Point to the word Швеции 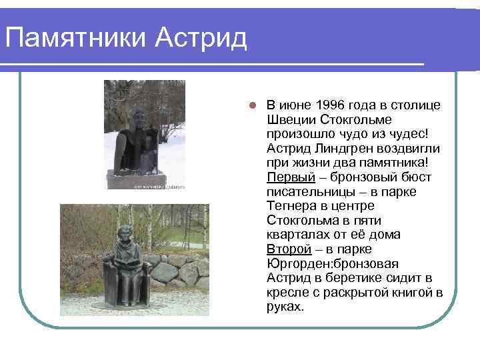coord(289,120)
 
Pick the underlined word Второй coord(289,249)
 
